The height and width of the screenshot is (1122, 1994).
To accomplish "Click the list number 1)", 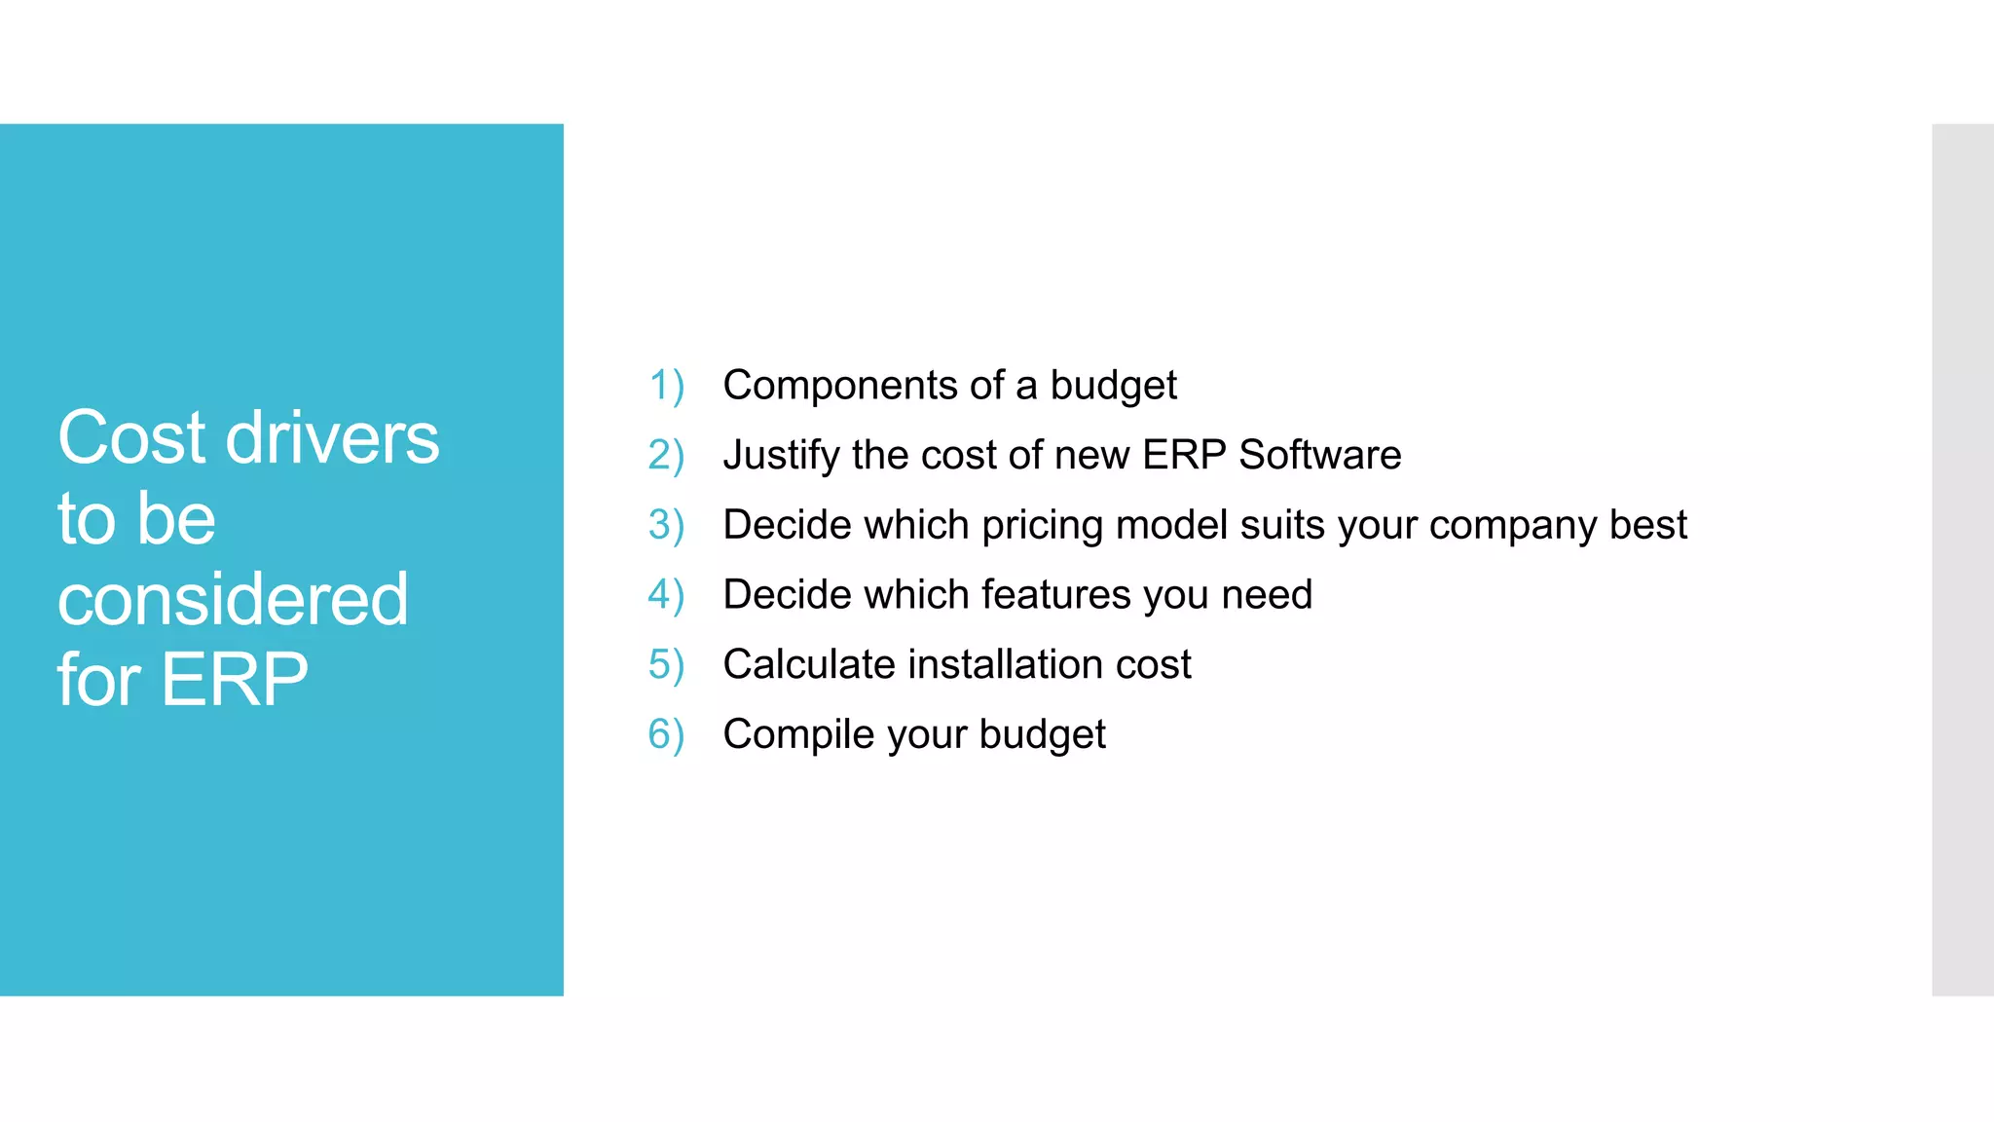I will coord(667,386).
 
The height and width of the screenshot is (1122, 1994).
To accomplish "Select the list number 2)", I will coord(667,456).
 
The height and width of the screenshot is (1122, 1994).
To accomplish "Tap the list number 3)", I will coord(667,525).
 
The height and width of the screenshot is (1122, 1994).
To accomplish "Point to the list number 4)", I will coord(667,595).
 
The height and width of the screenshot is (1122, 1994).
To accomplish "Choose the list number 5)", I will coord(667,665).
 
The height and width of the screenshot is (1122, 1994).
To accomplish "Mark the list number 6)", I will coord(667,734).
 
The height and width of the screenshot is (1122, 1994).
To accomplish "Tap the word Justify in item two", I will coord(781,456).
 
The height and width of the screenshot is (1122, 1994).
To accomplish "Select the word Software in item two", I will coord(1319,455).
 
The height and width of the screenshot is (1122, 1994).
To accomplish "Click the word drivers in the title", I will coord(332,438).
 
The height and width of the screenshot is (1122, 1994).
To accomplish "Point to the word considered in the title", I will coord(233,600).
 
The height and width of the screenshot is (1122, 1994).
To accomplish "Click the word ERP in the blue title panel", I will coord(235,680).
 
